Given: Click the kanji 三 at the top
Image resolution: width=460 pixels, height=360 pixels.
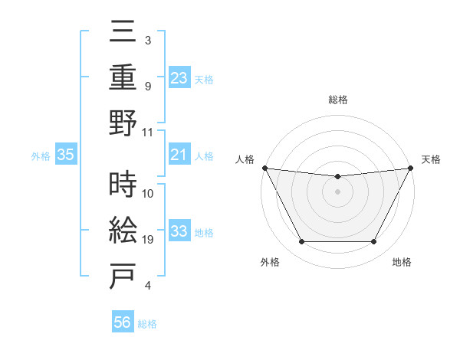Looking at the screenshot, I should coord(123,34).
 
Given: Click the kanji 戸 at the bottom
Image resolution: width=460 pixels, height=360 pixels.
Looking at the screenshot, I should coord(123,275).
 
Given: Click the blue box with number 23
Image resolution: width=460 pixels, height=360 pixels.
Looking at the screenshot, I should coord(179,77).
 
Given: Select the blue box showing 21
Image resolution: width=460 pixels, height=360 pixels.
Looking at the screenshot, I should coord(179,155).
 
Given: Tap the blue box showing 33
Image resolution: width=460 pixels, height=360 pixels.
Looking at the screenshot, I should coord(179,232).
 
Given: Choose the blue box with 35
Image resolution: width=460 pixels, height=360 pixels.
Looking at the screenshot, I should coord(66,155).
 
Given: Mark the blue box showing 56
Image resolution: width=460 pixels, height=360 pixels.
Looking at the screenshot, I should coord(123,322).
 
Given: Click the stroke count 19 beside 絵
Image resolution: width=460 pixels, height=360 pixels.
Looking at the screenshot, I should coord(148,240).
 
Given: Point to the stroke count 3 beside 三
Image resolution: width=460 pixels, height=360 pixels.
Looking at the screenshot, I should coord(147,40).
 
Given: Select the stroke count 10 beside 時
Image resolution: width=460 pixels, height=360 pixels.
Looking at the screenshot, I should coord(148,193).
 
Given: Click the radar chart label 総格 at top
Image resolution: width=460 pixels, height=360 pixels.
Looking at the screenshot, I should coord(337,100).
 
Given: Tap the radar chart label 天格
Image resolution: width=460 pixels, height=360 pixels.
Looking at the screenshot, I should coord(432,159).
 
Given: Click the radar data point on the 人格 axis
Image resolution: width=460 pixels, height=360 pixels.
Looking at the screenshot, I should coord(264,168).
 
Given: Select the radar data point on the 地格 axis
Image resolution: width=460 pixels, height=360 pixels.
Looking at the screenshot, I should coord(374,242).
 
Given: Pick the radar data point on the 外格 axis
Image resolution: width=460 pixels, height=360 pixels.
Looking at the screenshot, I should coord(301,242).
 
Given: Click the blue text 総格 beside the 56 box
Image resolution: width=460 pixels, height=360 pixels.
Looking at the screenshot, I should coord(147,324).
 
